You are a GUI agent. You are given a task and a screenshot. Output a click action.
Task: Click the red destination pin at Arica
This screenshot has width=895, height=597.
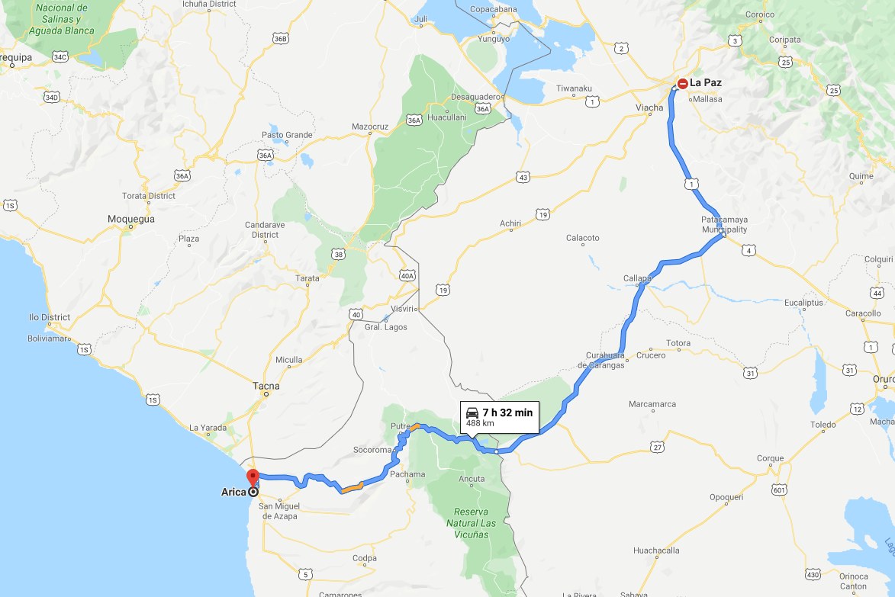(253, 478)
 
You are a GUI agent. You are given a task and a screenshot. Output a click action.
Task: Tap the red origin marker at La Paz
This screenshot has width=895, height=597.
(683, 84)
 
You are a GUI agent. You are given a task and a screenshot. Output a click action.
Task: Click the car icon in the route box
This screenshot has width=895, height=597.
(472, 412)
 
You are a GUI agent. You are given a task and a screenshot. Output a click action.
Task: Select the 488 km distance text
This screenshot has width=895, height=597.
(479, 422)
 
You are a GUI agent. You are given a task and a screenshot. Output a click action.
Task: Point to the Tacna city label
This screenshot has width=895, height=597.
(266, 386)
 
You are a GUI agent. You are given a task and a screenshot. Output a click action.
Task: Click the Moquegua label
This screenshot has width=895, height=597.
(130, 219)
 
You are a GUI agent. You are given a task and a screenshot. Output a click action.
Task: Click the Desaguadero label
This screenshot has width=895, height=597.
(476, 97)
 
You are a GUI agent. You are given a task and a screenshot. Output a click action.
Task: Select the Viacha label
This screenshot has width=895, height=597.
(649, 108)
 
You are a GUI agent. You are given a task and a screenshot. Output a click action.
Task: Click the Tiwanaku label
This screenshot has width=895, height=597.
(574, 88)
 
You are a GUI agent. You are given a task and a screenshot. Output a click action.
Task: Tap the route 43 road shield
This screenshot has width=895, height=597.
(523, 178)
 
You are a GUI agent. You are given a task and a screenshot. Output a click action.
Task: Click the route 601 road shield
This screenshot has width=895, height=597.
(778, 489)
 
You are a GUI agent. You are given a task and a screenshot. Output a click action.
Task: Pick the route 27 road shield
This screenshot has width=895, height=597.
(658, 448)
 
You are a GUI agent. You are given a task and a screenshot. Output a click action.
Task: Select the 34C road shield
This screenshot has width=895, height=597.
(60, 57)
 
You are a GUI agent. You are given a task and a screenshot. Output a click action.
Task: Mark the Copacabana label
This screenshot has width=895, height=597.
(494, 9)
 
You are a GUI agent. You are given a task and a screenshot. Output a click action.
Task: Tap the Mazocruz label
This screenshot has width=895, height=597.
(370, 126)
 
